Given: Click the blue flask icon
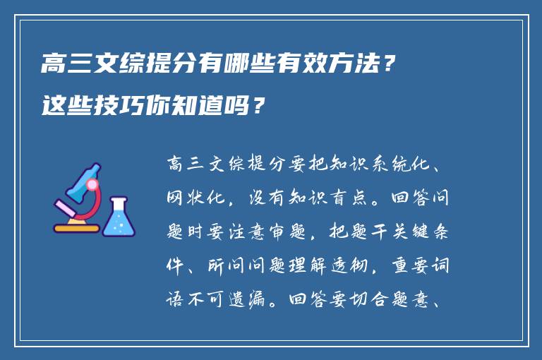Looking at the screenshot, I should click(119, 217).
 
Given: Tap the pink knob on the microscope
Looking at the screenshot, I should click(92, 185).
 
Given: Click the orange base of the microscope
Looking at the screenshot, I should click(76, 228).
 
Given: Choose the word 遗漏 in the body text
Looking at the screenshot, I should click(258, 301).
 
